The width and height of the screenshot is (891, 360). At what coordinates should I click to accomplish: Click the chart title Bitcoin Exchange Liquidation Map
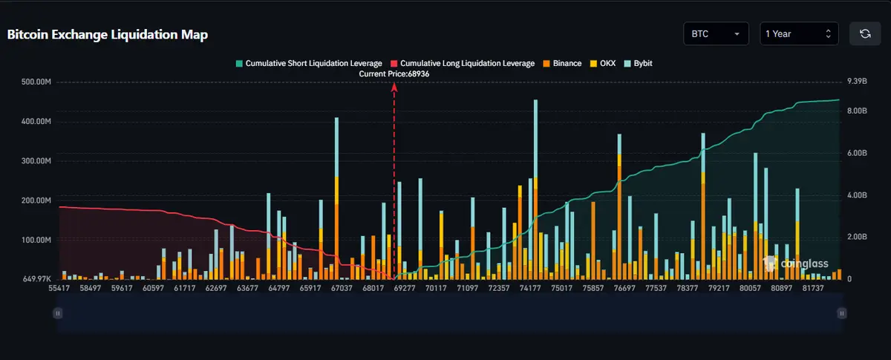click(108, 35)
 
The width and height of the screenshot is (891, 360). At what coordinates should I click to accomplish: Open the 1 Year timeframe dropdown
click(799, 34)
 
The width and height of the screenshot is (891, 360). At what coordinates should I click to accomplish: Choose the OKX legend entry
click(603, 64)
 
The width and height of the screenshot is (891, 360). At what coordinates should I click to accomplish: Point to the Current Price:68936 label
click(394, 74)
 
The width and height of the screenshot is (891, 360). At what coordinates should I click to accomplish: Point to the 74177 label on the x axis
click(530, 288)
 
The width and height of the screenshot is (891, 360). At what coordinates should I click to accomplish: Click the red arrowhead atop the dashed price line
click(394, 87)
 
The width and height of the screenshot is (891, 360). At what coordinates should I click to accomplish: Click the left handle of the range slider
click(57, 314)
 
